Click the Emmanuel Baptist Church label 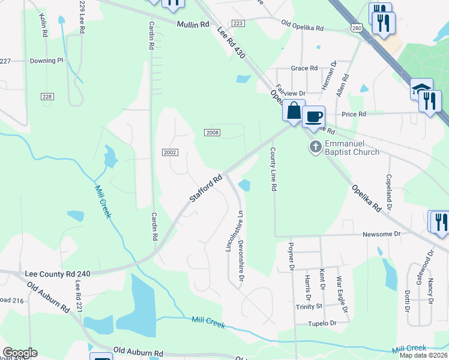(352, 148)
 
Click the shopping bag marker (294, 111)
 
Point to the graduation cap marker (421, 89)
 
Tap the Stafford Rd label (208, 188)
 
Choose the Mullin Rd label (193, 25)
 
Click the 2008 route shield (212, 132)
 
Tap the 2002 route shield (169, 152)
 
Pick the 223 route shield (238, 23)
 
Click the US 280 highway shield (357, 28)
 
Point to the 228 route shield (47, 97)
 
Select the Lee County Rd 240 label (58, 274)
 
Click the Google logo (20, 352)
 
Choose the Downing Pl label (47, 61)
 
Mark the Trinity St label (309, 306)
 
